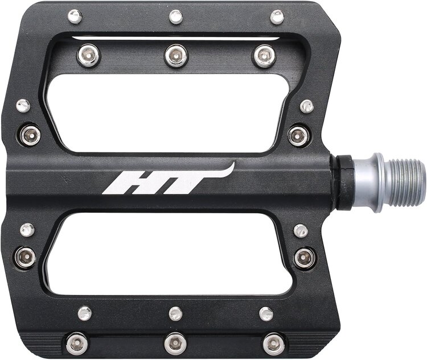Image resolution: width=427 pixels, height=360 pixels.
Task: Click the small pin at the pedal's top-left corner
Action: (75, 16)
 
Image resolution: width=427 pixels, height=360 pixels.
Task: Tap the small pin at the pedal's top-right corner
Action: (277, 16)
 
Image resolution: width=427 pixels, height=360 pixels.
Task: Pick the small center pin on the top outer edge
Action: (176, 16)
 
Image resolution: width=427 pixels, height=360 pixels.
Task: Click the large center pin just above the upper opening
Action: (176, 55)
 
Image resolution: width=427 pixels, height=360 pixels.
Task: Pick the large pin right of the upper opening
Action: (298, 135)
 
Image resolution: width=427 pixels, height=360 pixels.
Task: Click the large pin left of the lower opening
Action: (26, 257)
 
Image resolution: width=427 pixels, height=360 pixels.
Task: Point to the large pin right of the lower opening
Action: (305, 258)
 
